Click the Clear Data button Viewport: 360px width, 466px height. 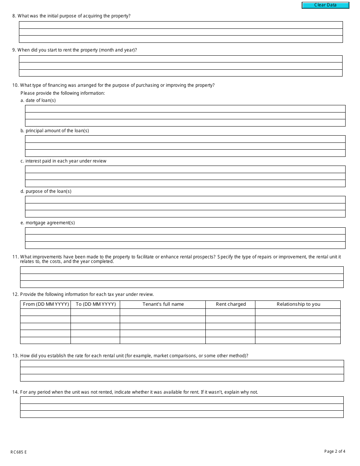click(x=325, y=5)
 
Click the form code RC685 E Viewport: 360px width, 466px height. click(x=19, y=452)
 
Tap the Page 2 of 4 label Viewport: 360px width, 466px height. click(x=335, y=451)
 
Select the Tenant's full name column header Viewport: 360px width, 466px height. click(x=163, y=304)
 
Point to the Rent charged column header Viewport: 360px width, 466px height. click(x=230, y=304)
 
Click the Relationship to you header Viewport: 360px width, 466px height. click(x=298, y=304)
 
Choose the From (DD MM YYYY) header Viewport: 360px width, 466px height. click(x=46, y=304)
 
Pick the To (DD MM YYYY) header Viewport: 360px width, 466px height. click(x=95, y=304)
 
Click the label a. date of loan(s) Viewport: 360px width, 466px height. click(x=38, y=100)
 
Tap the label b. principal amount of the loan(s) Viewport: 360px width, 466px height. click(x=55, y=131)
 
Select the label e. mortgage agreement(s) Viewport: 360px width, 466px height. click(x=47, y=223)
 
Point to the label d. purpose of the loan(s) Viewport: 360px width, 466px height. click(x=46, y=191)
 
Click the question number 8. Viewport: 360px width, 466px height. click(x=14, y=16)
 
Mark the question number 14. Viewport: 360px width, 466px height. click(x=15, y=392)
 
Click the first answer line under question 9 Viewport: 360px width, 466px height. click(x=180, y=59)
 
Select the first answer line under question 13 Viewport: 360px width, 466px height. click(x=182, y=364)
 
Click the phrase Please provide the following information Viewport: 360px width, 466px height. click(x=63, y=93)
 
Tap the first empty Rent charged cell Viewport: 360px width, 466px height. click(x=230, y=312)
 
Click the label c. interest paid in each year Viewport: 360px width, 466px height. click(x=63, y=161)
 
